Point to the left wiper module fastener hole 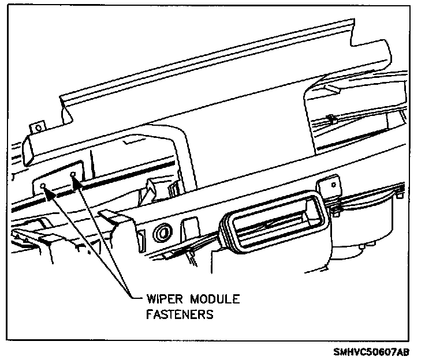coord(43,186)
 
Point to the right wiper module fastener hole coord(73,173)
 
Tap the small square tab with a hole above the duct coord(331,186)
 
